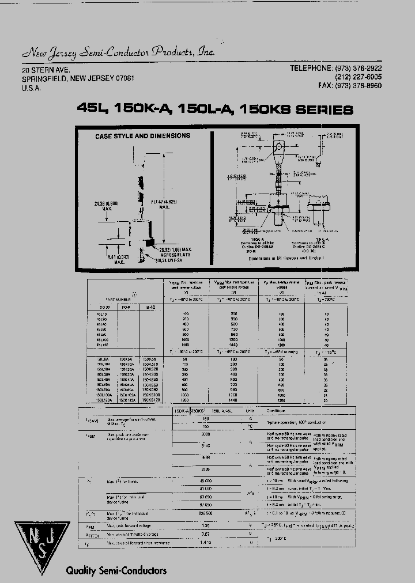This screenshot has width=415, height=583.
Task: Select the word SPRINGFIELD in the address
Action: (x=45, y=78)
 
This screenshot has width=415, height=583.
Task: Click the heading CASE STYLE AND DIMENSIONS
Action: (x=142, y=137)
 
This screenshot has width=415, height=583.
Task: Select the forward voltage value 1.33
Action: (x=206, y=525)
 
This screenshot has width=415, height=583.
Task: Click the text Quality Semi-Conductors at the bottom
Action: (x=116, y=570)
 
